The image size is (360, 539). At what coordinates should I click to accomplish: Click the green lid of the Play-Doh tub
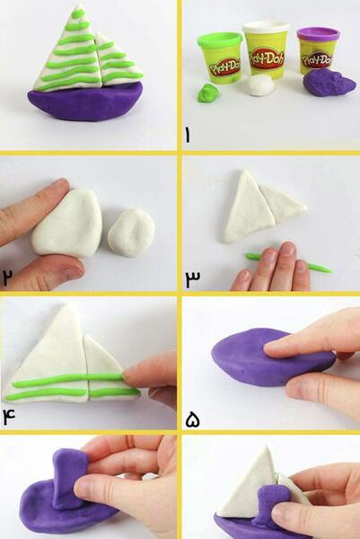pyautogui.click(x=220, y=40)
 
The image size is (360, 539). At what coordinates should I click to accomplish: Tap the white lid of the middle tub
pyautogui.click(x=266, y=27)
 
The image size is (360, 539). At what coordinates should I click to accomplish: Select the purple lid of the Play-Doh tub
pyautogui.click(x=318, y=34)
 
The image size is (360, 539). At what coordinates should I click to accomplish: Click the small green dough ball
pyautogui.click(x=207, y=93)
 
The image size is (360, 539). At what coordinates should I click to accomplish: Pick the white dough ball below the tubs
pyautogui.click(x=261, y=84)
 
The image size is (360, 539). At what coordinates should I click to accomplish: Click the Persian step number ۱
pyautogui.click(x=188, y=135)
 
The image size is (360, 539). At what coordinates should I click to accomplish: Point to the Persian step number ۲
pyautogui.click(x=7, y=277)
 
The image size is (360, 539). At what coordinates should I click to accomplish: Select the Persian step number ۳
pyautogui.click(x=193, y=278)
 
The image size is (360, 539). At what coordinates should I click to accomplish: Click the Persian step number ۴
pyautogui.click(x=9, y=417)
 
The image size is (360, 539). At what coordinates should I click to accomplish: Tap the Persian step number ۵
pyautogui.click(x=193, y=420)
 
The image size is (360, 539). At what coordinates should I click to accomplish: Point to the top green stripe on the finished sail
pyautogui.click(x=79, y=13)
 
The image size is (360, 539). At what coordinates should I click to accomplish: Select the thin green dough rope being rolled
pyautogui.click(x=288, y=263)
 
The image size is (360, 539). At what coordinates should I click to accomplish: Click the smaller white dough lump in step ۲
pyautogui.click(x=131, y=233)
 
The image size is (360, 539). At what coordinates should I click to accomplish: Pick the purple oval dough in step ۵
pyautogui.click(x=271, y=357)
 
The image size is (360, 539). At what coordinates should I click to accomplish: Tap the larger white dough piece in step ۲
pyautogui.click(x=68, y=223)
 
